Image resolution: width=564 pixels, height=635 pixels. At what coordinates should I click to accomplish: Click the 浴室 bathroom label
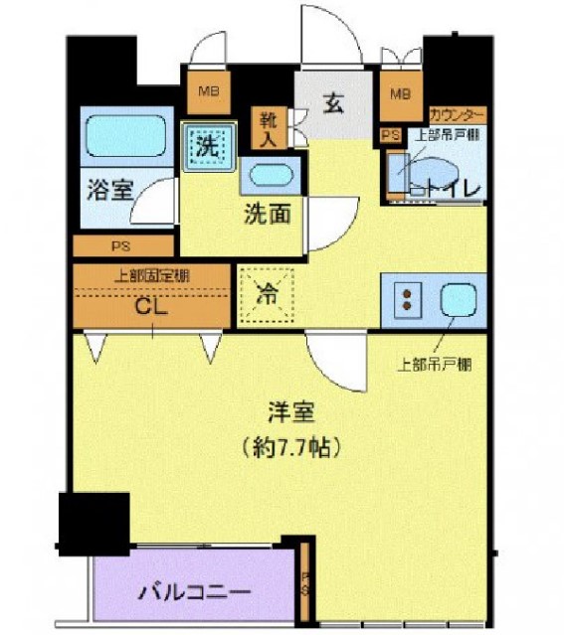(109, 190)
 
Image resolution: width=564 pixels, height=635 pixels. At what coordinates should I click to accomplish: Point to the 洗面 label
(268, 214)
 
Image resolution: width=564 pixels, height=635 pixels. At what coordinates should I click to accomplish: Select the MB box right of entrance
(400, 94)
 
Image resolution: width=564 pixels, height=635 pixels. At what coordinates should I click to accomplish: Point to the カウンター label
(458, 114)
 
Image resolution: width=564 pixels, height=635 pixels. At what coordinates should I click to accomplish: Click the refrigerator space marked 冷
(268, 294)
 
